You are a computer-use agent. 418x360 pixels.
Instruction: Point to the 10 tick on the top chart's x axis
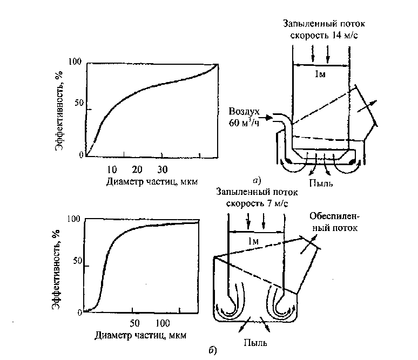pyautogui.click(x=112, y=168)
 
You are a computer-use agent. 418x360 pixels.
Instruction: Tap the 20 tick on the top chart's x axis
pyautogui.click(x=137, y=168)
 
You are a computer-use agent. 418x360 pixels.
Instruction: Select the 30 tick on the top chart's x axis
pyautogui.click(x=163, y=168)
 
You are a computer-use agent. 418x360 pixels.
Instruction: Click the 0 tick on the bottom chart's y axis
pyautogui.click(x=79, y=313)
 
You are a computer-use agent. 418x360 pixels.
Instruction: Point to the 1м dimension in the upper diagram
pyautogui.click(x=320, y=74)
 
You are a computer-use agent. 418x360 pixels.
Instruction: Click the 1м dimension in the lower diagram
pyautogui.click(x=253, y=241)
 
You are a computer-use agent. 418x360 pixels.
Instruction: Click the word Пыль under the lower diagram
pyautogui.click(x=254, y=342)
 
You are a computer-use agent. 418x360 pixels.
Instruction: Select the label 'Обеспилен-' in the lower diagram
pyautogui.click(x=335, y=217)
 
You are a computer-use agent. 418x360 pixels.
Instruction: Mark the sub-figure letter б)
pyautogui.click(x=212, y=351)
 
